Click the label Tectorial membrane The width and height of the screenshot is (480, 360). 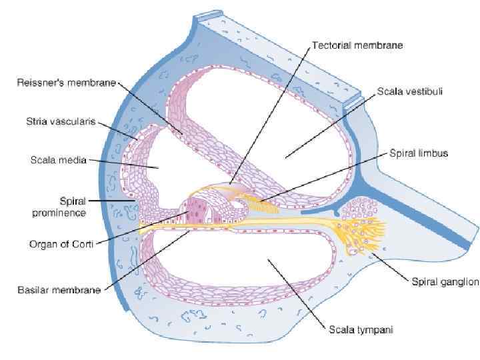click(x=357, y=46)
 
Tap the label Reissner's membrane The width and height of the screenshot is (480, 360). click(x=66, y=83)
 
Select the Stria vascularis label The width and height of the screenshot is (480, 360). click(x=61, y=121)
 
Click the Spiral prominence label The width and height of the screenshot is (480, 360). click(x=59, y=206)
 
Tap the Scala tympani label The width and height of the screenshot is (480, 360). click(x=359, y=329)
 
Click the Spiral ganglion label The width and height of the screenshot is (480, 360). click(x=443, y=282)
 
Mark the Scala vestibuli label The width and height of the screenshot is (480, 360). click(x=410, y=91)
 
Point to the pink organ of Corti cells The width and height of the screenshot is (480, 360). click(x=200, y=211)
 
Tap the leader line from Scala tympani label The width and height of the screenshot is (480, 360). click(x=300, y=293)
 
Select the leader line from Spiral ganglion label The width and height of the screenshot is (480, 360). click(x=393, y=263)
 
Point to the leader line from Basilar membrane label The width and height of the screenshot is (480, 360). click(x=147, y=260)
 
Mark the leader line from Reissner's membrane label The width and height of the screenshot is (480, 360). click(x=150, y=107)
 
